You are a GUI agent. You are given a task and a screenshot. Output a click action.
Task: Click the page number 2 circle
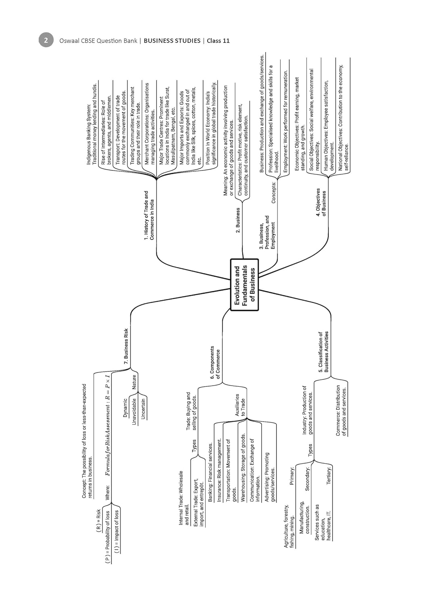[46, 40]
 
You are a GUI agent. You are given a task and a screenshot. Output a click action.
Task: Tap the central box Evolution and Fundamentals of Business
[244, 285]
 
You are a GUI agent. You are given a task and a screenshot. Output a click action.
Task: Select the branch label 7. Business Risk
[126, 346]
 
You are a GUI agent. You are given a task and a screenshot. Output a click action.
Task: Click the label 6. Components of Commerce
[215, 363]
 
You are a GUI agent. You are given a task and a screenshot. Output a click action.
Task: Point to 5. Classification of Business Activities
[323, 352]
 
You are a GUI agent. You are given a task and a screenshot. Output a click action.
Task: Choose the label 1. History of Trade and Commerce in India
[149, 215]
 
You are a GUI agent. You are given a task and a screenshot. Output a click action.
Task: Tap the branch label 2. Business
[238, 220]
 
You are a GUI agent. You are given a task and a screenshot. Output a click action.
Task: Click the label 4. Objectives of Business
[321, 202]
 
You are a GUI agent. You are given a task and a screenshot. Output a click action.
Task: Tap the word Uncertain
[143, 409]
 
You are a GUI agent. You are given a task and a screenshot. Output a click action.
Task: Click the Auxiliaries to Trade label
[240, 405]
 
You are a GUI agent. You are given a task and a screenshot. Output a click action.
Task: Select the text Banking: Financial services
[210, 472]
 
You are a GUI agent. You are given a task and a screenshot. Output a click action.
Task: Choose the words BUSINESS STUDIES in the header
[172, 40]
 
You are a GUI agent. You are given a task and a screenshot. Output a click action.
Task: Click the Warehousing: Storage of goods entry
[243, 467]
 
